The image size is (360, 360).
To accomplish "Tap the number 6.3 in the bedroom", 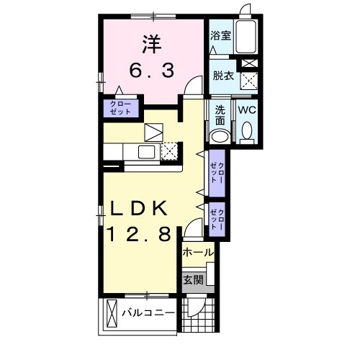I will click(150, 71).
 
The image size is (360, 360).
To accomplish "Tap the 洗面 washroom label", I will click(220, 116).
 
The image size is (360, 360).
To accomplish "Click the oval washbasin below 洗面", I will click(220, 136).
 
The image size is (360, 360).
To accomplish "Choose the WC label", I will click(247, 110).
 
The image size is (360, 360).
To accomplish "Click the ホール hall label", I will click(197, 253).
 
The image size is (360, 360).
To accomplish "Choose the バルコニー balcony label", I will click(147, 313).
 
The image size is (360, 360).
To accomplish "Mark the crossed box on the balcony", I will click(112, 314).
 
